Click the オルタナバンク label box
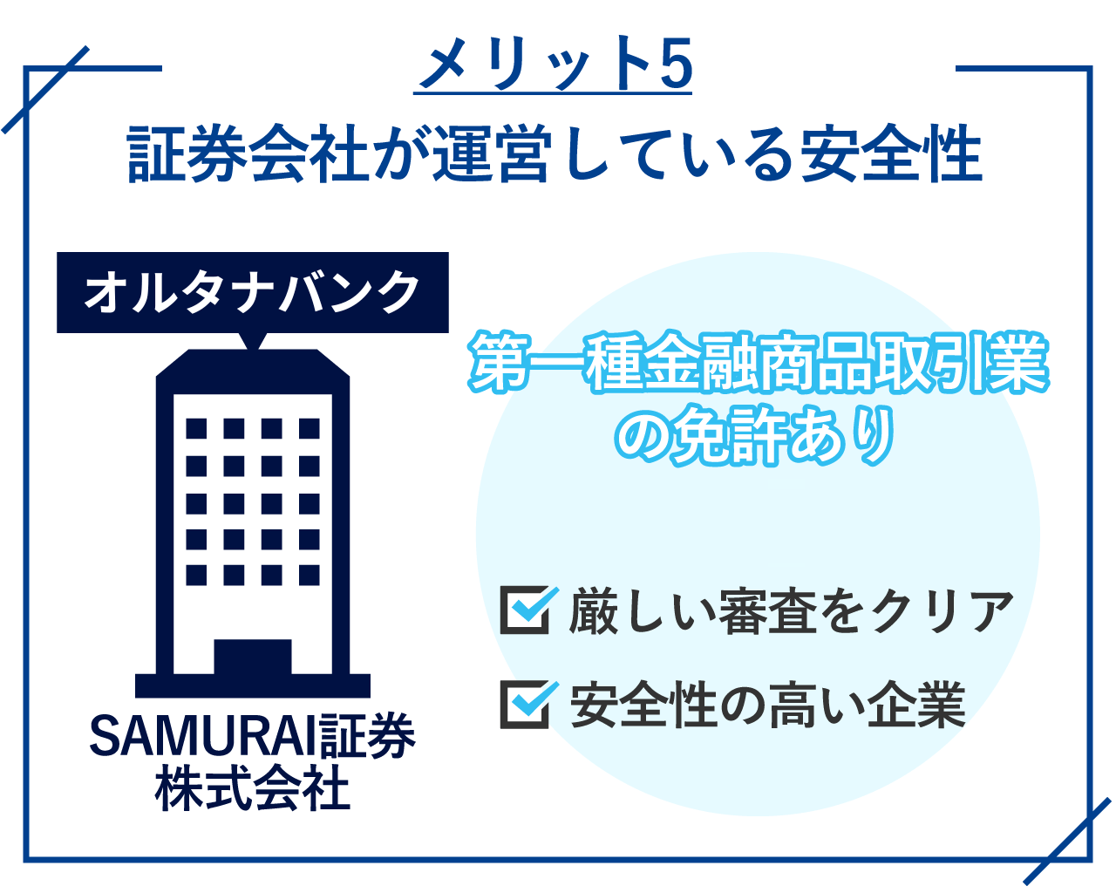[253, 292]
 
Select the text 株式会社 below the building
[253, 789]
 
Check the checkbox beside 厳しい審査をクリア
[526, 610]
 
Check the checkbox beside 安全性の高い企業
[526, 704]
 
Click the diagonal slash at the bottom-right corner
[1067, 841]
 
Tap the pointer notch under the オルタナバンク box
[253, 341]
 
